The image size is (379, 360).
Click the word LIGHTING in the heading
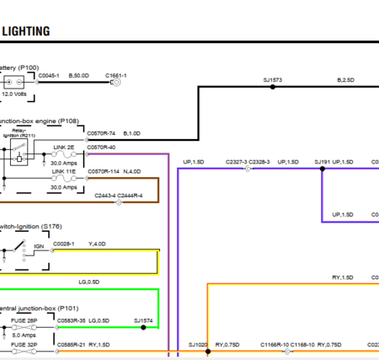pyautogui.click(x=26, y=31)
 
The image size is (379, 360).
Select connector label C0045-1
pyautogui.click(x=50, y=74)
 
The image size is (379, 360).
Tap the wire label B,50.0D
pyautogui.click(x=80, y=74)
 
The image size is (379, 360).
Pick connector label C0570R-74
pyautogui.click(x=101, y=132)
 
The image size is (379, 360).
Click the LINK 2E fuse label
pyautogui.click(x=64, y=147)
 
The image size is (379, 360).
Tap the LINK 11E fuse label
pyautogui.click(x=64, y=171)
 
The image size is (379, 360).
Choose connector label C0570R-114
pyautogui.click(x=103, y=171)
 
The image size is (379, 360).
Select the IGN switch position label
pyautogui.click(x=39, y=245)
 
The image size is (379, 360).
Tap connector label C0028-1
pyautogui.click(x=64, y=244)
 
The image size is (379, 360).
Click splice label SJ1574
pyautogui.click(x=143, y=321)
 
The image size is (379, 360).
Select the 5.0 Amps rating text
pyautogui.click(x=24, y=335)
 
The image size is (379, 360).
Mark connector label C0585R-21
pyautogui.click(x=72, y=345)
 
